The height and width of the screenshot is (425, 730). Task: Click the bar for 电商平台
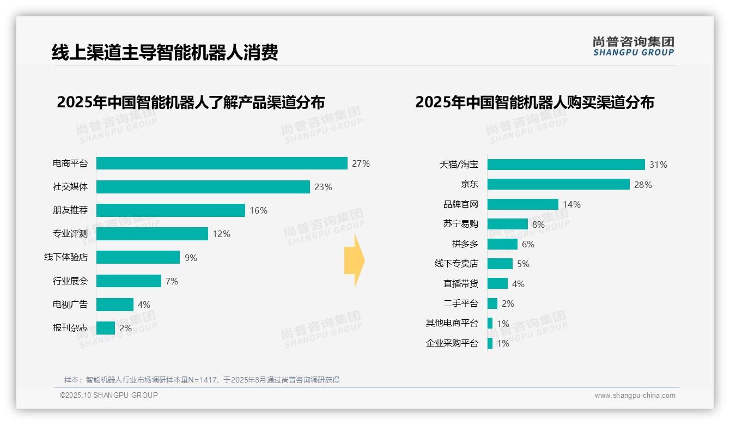tap(222, 163)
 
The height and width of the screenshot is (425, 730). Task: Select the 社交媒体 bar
tap(203, 187)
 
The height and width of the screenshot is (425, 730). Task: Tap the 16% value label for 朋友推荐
tap(258, 210)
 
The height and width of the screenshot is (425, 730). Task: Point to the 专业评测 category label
tap(70, 234)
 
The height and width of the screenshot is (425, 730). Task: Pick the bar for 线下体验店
tap(138, 257)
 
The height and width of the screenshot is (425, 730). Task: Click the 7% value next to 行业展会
tap(172, 281)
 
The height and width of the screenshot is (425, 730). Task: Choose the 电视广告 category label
tap(70, 305)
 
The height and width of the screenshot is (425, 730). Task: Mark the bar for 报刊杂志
tap(106, 328)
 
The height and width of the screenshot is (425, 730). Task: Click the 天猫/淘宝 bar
tap(566, 165)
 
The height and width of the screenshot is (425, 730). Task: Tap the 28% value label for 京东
tap(643, 185)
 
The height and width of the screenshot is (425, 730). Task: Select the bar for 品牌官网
tap(523, 204)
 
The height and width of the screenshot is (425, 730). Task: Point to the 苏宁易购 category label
tap(460, 224)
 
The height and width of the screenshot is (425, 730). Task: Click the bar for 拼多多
tap(502, 244)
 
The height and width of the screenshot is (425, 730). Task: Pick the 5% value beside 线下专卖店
tap(523, 264)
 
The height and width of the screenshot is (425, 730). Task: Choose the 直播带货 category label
tap(460, 284)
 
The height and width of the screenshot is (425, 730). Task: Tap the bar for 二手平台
tap(492, 303)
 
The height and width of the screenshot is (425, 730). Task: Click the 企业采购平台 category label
tap(452, 343)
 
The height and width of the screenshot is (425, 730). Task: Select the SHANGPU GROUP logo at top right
tap(633, 46)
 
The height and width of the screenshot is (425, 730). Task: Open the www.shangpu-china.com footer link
tap(635, 396)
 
